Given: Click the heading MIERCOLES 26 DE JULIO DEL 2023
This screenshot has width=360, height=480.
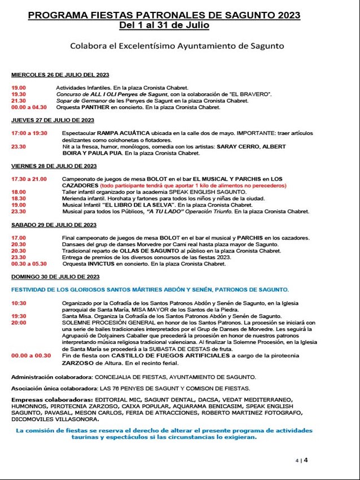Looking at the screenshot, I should pyautogui.click(x=60, y=75).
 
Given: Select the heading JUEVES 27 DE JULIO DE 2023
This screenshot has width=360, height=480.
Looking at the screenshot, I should pyautogui.click(x=52, y=120).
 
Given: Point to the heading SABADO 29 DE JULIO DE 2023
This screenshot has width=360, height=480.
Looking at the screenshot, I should pyautogui.click(x=53, y=225).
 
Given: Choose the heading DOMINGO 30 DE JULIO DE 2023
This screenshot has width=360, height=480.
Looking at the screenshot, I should pyautogui.click(x=55, y=277).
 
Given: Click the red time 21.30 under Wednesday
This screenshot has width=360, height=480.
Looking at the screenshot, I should pyautogui.click(x=18, y=100).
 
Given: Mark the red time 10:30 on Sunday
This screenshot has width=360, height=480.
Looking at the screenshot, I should pyautogui.click(x=18, y=303).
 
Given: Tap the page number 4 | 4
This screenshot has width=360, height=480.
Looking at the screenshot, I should pyautogui.click(x=302, y=460).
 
